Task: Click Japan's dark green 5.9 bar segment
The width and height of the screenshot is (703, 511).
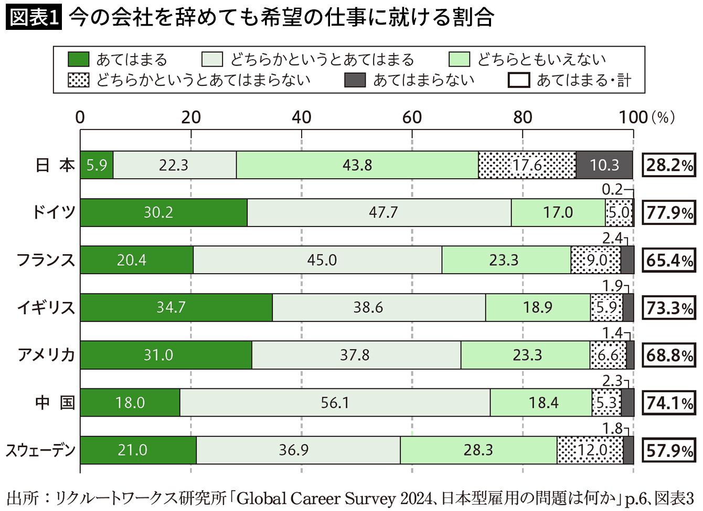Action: coord(97,165)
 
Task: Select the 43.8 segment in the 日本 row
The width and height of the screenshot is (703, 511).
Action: coord(357,165)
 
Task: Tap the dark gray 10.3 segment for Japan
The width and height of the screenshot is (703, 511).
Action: coord(604,165)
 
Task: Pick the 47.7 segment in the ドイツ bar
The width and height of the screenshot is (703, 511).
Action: coord(379,212)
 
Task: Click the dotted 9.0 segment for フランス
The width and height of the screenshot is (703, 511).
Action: coord(595,260)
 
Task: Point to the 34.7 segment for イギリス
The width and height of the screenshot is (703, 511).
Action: coord(176,307)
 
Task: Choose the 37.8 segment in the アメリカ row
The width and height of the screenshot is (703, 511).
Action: coord(356,355)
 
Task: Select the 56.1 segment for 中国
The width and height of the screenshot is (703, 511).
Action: coord(335,403)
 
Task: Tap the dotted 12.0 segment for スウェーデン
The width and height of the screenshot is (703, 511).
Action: coord(590,450)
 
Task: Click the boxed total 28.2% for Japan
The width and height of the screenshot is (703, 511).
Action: coord(668,165)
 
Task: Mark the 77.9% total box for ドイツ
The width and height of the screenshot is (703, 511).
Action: coord(668,213)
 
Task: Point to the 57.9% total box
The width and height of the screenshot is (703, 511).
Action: coord(668,450)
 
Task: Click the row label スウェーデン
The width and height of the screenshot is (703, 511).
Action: coord(40,451)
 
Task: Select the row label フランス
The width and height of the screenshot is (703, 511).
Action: coord(46,260)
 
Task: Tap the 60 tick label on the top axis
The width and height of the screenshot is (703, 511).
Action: coord(412,117)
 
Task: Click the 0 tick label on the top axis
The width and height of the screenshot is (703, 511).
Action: coord(80,117)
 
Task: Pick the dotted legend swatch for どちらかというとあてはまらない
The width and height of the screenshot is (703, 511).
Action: coord(79,80)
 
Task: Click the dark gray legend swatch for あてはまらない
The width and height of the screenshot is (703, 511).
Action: coord(355,80)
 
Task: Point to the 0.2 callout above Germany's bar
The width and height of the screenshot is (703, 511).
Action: coord(612,189)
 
